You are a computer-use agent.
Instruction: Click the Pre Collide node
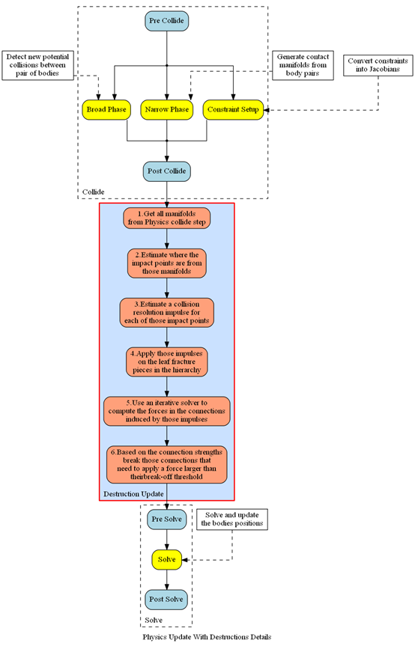(x=166, y=21)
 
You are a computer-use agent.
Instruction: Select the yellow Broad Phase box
(x=106, y=109)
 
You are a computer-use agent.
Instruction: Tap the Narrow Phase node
(x=166, y=109)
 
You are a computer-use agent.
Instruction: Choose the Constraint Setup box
(x=233, y=109)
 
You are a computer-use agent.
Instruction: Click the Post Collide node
(x=166, y=171)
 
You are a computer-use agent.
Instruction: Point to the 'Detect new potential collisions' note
(x=37, y=65)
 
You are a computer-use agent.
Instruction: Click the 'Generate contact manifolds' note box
(x=303, y=65)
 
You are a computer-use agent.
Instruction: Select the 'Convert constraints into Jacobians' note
(x=378, y=65)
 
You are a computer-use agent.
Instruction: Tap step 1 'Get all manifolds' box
(x=166, y=218)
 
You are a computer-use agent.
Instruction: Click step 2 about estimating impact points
(x=166, y=263)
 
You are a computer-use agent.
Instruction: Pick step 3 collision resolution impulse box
(x=166, y=313)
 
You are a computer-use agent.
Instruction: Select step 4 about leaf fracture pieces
(x=166, y=362)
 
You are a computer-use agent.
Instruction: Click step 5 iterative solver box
(x=166, y=411)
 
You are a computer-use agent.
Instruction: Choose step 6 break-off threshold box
(x=166, y=464)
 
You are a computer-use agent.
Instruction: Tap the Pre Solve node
(x=166, y=519)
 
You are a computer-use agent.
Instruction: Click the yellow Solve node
(x=166, y=559)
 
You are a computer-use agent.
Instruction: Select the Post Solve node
(x=166, y=600)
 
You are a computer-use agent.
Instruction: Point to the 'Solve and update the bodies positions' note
(x=232, y=519)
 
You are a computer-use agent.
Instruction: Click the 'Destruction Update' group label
(x=133, y=494)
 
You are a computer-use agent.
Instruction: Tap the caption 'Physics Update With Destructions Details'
(x=207, y=637)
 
